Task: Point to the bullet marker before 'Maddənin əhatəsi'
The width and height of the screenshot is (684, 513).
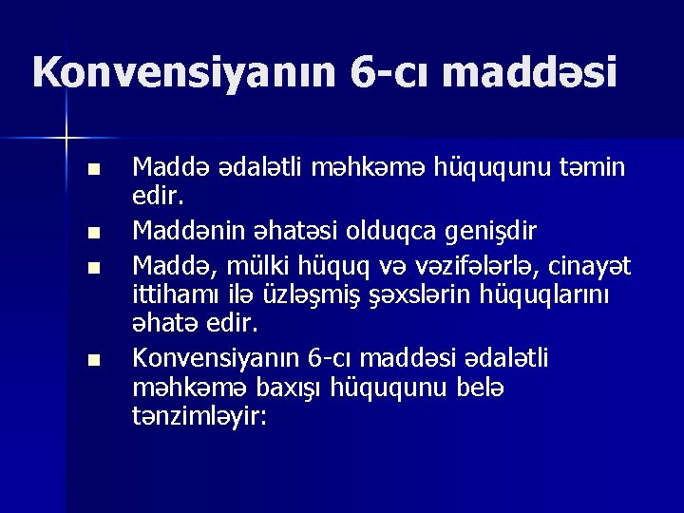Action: tap(91, 230)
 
